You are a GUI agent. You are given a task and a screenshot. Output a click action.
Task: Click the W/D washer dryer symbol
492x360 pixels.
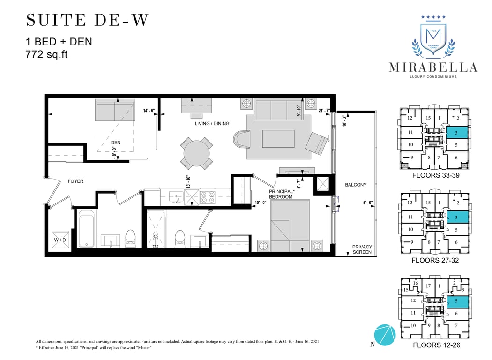(60, 240)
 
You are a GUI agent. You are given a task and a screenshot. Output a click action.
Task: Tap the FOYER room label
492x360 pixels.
(75, 181)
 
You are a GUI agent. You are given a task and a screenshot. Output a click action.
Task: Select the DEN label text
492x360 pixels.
(116, 142)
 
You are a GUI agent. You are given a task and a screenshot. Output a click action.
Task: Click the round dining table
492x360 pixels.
(196, 153)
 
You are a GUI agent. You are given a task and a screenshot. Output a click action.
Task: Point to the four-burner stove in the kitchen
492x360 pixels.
(208, 197)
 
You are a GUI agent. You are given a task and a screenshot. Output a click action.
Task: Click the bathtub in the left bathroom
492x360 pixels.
(87, 228)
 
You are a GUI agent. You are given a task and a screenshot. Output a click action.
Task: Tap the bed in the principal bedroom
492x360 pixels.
(290, 225)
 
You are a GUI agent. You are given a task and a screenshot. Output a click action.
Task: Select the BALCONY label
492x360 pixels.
(356, 185)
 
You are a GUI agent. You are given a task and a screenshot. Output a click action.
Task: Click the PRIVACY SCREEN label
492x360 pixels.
(362, 249)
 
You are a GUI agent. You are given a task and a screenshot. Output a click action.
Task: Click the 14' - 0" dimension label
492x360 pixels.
(149, 111)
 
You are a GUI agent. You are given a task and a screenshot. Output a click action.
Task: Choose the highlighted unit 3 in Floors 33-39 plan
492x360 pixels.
(457, 133)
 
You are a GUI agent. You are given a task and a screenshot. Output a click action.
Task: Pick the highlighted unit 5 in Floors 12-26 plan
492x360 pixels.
(457, 301)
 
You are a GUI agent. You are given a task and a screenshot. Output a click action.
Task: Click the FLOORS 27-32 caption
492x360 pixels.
(435, 260)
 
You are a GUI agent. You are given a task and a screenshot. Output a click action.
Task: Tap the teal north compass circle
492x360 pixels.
(385, 335)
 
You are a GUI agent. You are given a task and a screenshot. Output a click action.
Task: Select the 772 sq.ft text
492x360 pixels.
(46, 55)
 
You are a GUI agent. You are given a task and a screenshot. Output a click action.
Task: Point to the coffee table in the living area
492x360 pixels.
(278, 139)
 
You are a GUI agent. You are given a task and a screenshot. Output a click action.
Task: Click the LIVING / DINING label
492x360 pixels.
(212, 124)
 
